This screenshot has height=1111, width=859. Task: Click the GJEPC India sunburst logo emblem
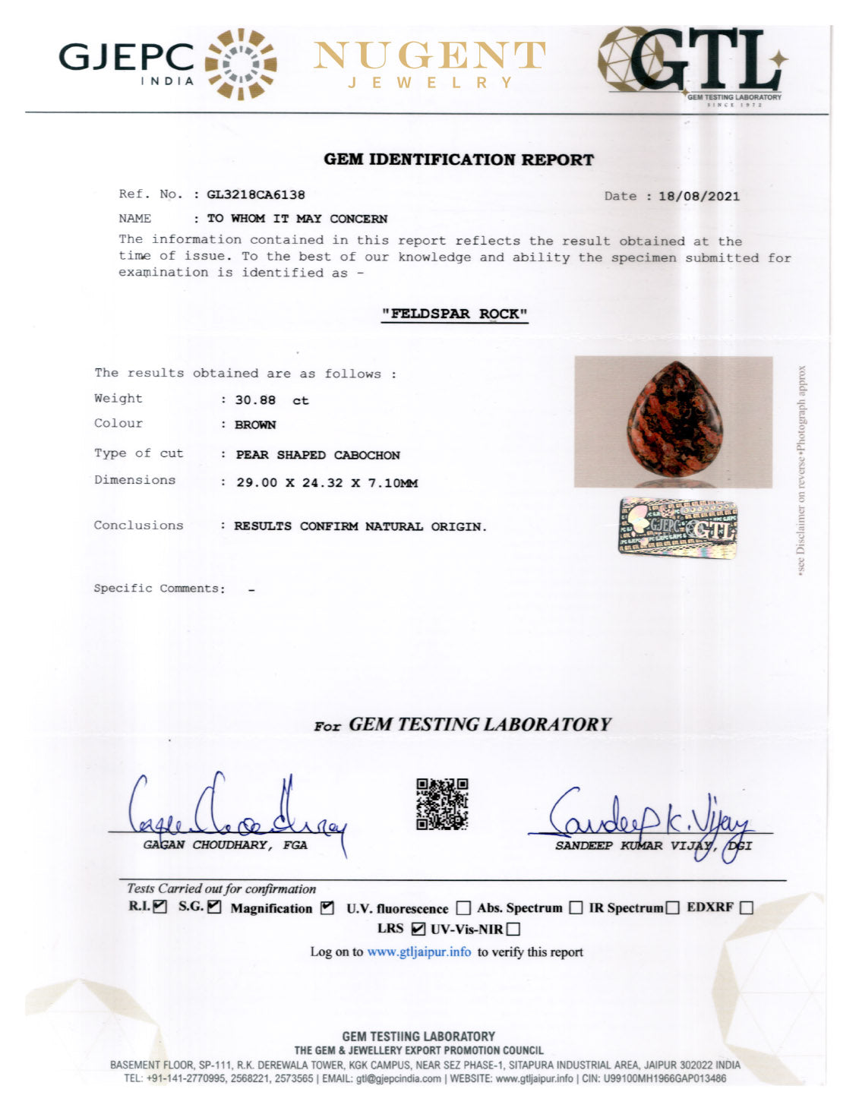click(x=241, y=64)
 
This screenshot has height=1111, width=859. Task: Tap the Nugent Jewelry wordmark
click(x=430, y=64)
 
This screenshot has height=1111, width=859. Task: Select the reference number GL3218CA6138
click(x=256, y=194)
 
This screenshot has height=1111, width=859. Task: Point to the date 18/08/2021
click(x=699, y=196)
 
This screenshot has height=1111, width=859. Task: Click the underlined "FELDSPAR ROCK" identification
click(x=454, y=314)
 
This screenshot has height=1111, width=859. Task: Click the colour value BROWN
click(x=255, y=425)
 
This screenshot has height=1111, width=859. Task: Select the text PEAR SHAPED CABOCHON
click(x=317, y=455)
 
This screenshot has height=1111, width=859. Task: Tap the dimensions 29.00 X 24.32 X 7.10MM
click(x=327, y=483)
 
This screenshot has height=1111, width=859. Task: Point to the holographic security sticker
click(x=677, y=527)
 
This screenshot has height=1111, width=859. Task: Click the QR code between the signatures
click(x=442, y=803)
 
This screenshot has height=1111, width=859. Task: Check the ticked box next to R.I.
click(x=159, y=906)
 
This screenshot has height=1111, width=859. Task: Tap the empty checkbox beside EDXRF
click(x=746, y=907)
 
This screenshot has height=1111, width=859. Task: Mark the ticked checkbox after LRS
click(x=418, y=928)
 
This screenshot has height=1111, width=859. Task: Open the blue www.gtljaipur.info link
click(x=419, y=952)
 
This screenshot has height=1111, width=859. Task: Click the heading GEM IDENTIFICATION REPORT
click(x=459, y=159)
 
